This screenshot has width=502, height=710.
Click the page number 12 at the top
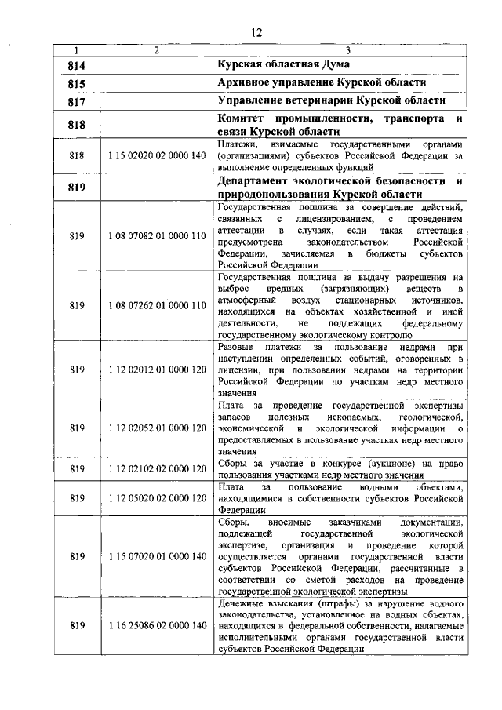point(255,32)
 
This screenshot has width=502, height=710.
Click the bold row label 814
point(76,64)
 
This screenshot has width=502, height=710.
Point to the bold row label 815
point(76,82)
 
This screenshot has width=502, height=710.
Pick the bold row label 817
point(76,101)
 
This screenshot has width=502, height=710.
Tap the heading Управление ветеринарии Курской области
point(330,101)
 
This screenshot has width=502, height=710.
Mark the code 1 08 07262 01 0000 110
point(157,304)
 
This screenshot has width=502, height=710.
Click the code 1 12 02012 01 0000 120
point(157,368)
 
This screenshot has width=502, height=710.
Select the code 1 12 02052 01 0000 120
point(157,428)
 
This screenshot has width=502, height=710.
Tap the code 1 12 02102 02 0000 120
point(157,469)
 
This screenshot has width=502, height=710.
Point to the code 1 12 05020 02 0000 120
point(157,497)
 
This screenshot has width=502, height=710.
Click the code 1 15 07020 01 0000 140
point(157,556)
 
